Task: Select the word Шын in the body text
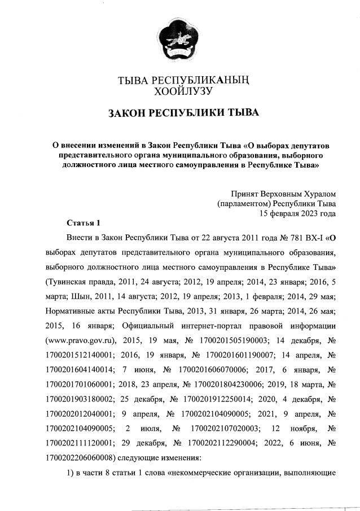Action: (x=81, y=296)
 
